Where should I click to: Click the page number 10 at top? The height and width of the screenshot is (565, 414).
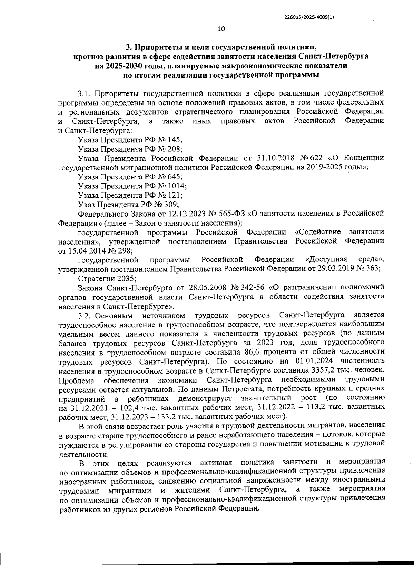tap(221, 29)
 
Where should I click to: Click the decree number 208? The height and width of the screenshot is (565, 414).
tap(174, 149)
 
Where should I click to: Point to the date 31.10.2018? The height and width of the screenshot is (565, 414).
tap(275, 158)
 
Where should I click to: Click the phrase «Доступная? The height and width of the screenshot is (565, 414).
tap(326, 259)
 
